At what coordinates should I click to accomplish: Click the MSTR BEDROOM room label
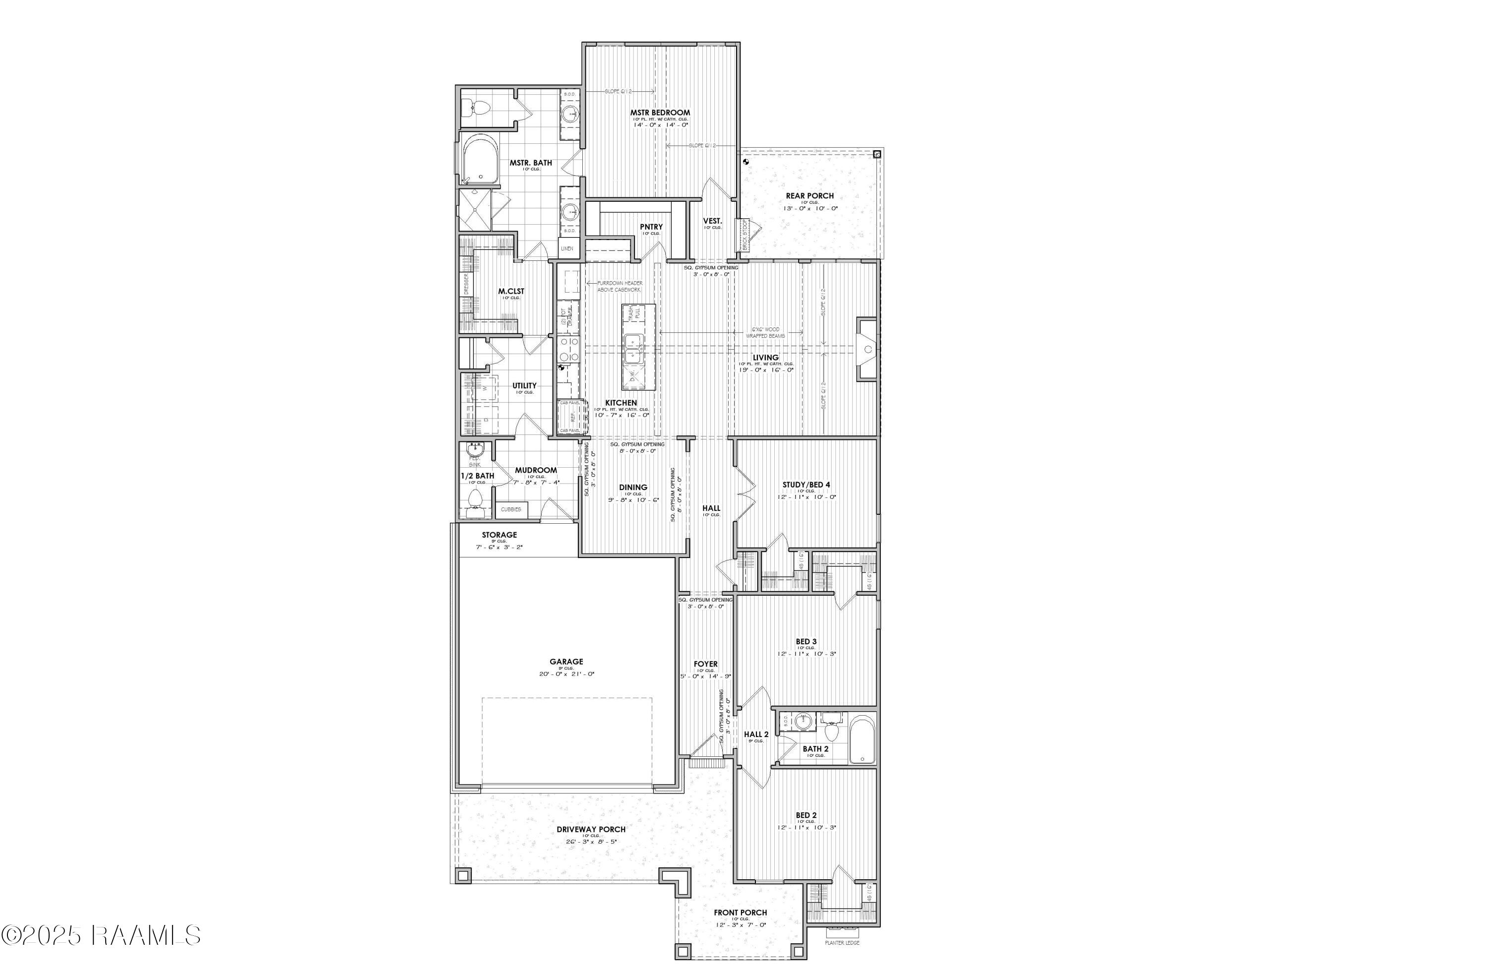pyautogui.click(x=660, y=113)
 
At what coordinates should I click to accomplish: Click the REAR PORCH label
pyautogui.click(x=809, y=195)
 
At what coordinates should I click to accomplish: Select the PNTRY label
pyautogui.click(x=651, y=227)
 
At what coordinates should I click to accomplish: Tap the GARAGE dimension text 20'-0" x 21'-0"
pyautogui.click(x=566, y=674)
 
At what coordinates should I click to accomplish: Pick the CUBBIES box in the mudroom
pyautogui.click(x=511, y=509)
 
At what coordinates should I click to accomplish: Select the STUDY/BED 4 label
pyautogui.click(x=806, y=485)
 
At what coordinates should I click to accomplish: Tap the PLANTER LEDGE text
pyautogui.click(x=842, y=960)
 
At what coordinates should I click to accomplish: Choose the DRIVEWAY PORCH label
pyautogui.click(x=591, y=829)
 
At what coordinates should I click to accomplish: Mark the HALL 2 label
pyautogui.click(x=756, y=735)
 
